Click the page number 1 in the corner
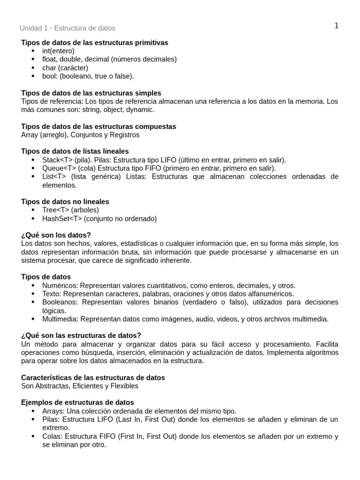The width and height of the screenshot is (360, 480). pyautogui.click(x=336, y=26)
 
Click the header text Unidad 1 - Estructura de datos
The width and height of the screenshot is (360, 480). pyautogui.click(x=67, y=29)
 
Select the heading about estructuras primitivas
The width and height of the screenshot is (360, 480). pyautogui.click(x=95, y=43)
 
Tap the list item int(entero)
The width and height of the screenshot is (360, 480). pyautogui.click(x=58, y=51)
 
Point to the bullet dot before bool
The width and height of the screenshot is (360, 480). pyautogui.click(x=33, y=76)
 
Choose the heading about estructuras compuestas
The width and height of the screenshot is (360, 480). pyautogui.click(x=98, y=127)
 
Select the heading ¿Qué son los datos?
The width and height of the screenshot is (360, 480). pyautogui.click(x=56, y=235)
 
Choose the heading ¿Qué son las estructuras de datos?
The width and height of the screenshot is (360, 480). pyautogui.click(x=81, y=336)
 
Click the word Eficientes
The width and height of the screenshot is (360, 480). pyautogui.click(x=86, y=386)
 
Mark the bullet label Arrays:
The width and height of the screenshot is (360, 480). pyautogui.click(x=53, y=411)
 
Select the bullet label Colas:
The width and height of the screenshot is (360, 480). pyautogui.click(x=52, y=436)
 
